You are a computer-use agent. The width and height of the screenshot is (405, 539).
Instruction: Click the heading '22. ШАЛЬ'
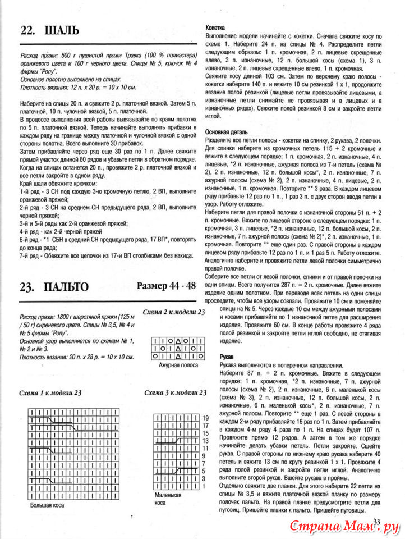coord(50,30)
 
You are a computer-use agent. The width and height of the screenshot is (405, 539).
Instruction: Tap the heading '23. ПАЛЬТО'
coord(54,287)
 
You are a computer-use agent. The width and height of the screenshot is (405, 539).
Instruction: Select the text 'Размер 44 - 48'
coord(166,286)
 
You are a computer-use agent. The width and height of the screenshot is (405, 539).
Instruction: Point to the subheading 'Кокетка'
coord(216,26)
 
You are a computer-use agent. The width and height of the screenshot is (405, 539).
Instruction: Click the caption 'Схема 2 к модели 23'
coord(174,312)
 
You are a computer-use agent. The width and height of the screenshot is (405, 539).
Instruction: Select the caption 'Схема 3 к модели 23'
coord(174,392)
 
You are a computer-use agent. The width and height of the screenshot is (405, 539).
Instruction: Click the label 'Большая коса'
coord(47,505)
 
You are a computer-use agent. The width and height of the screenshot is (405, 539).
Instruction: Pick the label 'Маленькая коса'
coord(168,499)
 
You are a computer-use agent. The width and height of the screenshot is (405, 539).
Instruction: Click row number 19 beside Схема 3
coord(206,418)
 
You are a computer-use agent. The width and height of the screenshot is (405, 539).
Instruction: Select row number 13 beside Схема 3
coord(206,441)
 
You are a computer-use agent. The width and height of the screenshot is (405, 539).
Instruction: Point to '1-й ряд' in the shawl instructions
coord(30,192)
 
